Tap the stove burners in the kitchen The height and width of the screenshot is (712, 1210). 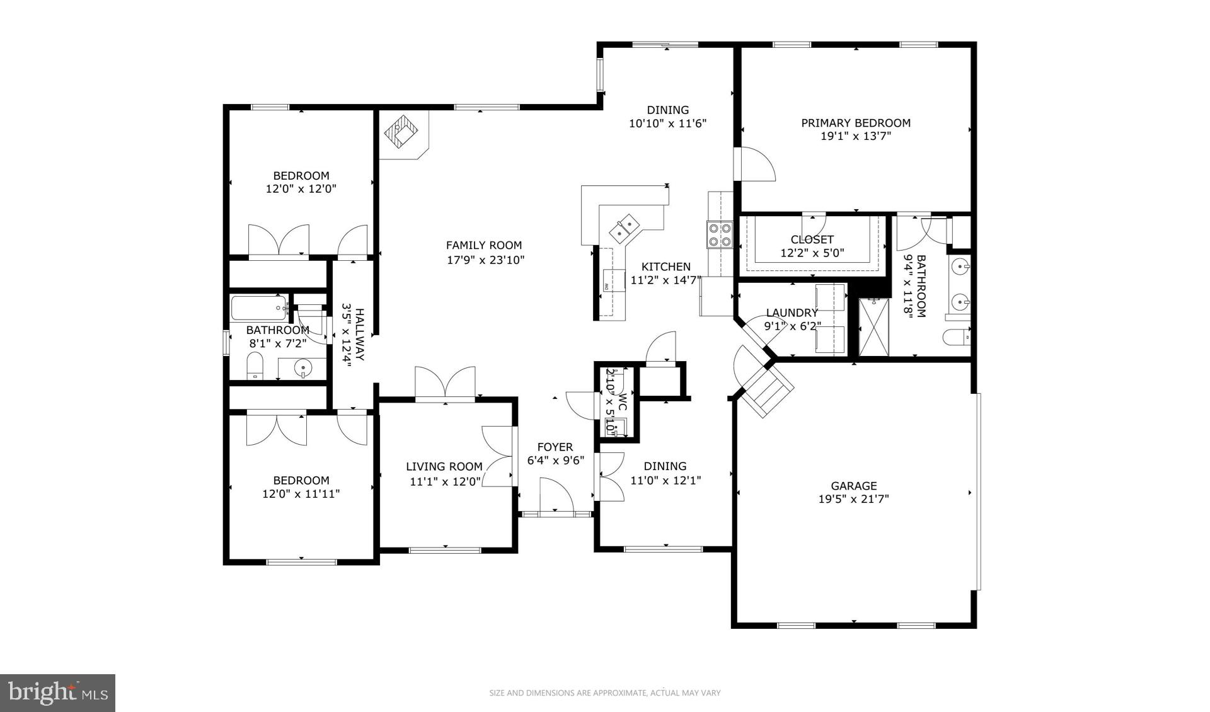click(720, 234)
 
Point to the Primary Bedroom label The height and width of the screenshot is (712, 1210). click(856, 123)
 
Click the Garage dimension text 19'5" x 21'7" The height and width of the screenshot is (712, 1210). click(853, 500)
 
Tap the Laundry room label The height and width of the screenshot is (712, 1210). click(792, 313)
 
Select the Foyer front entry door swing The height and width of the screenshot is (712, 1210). click(556, 495)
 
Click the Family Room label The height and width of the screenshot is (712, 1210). click(484, 246)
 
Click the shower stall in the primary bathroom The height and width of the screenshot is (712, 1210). click(873, 328)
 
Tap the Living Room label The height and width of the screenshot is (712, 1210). click(444, 467)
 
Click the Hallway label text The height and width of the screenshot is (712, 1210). click(360, 334)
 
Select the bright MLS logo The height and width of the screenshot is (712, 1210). click(57, 693)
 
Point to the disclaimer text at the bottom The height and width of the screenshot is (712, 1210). click(605, 693)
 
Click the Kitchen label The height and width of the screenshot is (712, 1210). click(666, 267)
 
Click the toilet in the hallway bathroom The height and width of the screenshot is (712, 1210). click(255, 365)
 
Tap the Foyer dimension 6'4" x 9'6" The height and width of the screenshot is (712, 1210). click(556, 461)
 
